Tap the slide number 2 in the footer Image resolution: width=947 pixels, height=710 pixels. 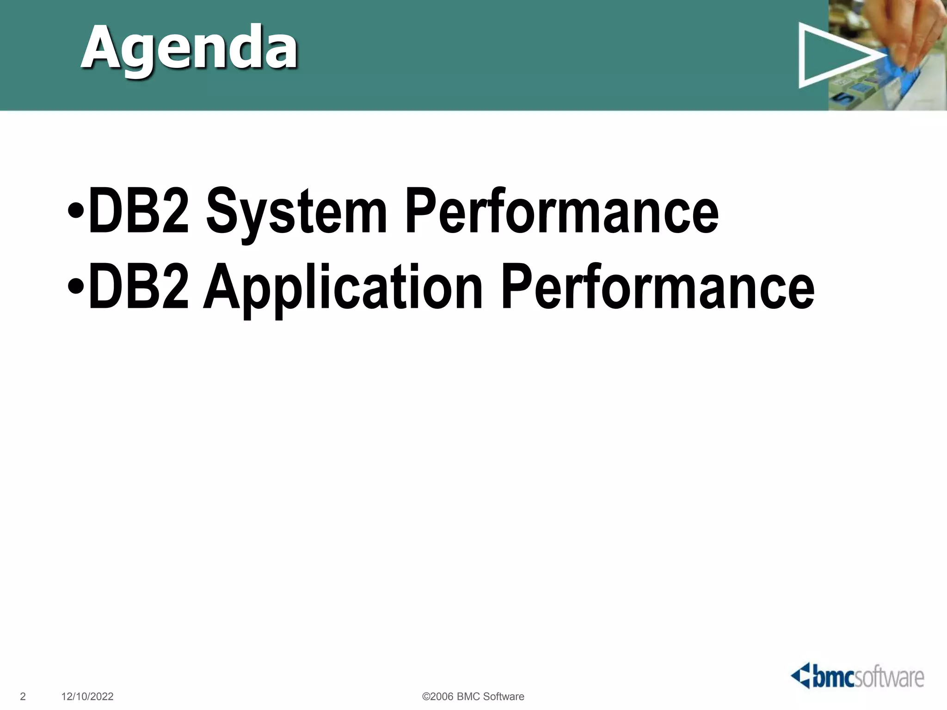coord(23,697)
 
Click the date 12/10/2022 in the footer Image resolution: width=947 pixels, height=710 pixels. coord(87,697)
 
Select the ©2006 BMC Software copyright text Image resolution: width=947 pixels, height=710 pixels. coord(473,697)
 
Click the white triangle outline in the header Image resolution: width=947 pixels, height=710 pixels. coord(828,55)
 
